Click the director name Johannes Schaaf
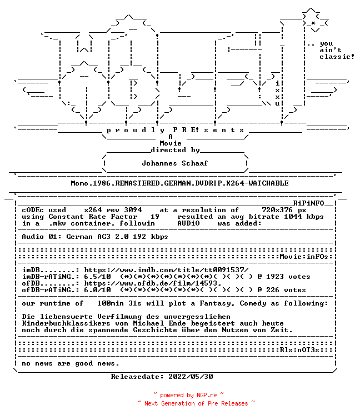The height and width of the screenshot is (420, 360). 174,163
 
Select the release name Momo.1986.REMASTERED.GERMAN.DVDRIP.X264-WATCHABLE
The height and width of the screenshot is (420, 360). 180,183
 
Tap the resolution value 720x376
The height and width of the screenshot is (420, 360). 277,210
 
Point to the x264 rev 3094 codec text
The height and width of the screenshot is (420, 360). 113,210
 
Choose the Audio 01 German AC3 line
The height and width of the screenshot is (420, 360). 95,237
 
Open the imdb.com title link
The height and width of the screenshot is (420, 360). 166,270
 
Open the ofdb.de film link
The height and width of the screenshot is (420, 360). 153,283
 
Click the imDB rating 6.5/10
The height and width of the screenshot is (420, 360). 98,277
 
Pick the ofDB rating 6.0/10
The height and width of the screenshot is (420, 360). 98,290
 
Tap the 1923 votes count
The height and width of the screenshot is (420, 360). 288,277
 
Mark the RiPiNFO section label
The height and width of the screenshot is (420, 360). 308,203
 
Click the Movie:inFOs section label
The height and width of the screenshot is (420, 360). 304,257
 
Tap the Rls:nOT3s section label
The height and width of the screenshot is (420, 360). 299,350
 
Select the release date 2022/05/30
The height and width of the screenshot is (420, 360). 191,377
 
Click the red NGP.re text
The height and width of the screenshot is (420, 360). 207,396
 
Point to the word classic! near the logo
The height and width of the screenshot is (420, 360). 337,57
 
